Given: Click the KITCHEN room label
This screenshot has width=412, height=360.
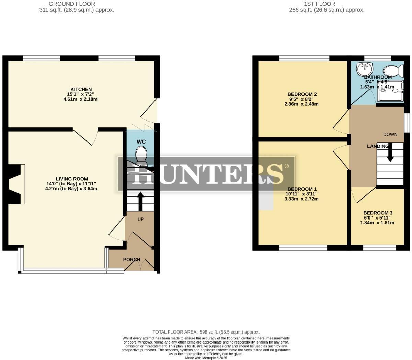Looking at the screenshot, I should pyautogui.click(x=81, y=89).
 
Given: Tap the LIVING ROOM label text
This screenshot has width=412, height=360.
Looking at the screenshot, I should pyautogui.click(x=72, y=179).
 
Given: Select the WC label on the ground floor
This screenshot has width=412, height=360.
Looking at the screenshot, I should pyautogui.click(x=141, y=142).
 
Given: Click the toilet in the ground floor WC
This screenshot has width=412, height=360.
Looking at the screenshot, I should pyautogui.click(x=141, y=155).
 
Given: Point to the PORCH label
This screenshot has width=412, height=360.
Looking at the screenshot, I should pyautogui.click(x=132, y=259).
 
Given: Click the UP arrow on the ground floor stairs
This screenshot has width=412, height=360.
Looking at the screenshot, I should pyautogui.click(x=140, y=201).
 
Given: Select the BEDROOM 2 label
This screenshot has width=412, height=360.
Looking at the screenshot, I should pyautogui.click(x=302, y=94).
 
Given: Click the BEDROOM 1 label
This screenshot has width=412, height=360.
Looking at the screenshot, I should pyautogui.click(x=302, y=189).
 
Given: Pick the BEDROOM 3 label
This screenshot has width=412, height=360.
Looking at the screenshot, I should pyautogui.click(x=378, y=213).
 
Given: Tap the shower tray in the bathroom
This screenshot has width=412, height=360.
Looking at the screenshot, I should pyautogui.click(x=390, y=91).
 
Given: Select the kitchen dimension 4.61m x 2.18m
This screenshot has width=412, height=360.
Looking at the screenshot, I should pyautogui.click(x=81, y=99).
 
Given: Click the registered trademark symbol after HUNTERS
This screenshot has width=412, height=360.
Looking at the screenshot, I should pyautogui.click(x=286, y=166).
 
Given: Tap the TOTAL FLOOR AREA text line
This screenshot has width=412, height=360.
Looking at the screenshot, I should pyautogui.click(x=206, y=332).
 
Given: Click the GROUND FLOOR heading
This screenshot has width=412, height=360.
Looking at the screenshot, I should pyautogui.click(x=72, y=4).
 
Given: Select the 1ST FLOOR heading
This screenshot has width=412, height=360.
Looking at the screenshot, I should pyautogui.click(x=319, y=4).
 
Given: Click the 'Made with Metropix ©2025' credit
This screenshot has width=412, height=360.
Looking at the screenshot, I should pyautogui.click(x=206, y=358).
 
